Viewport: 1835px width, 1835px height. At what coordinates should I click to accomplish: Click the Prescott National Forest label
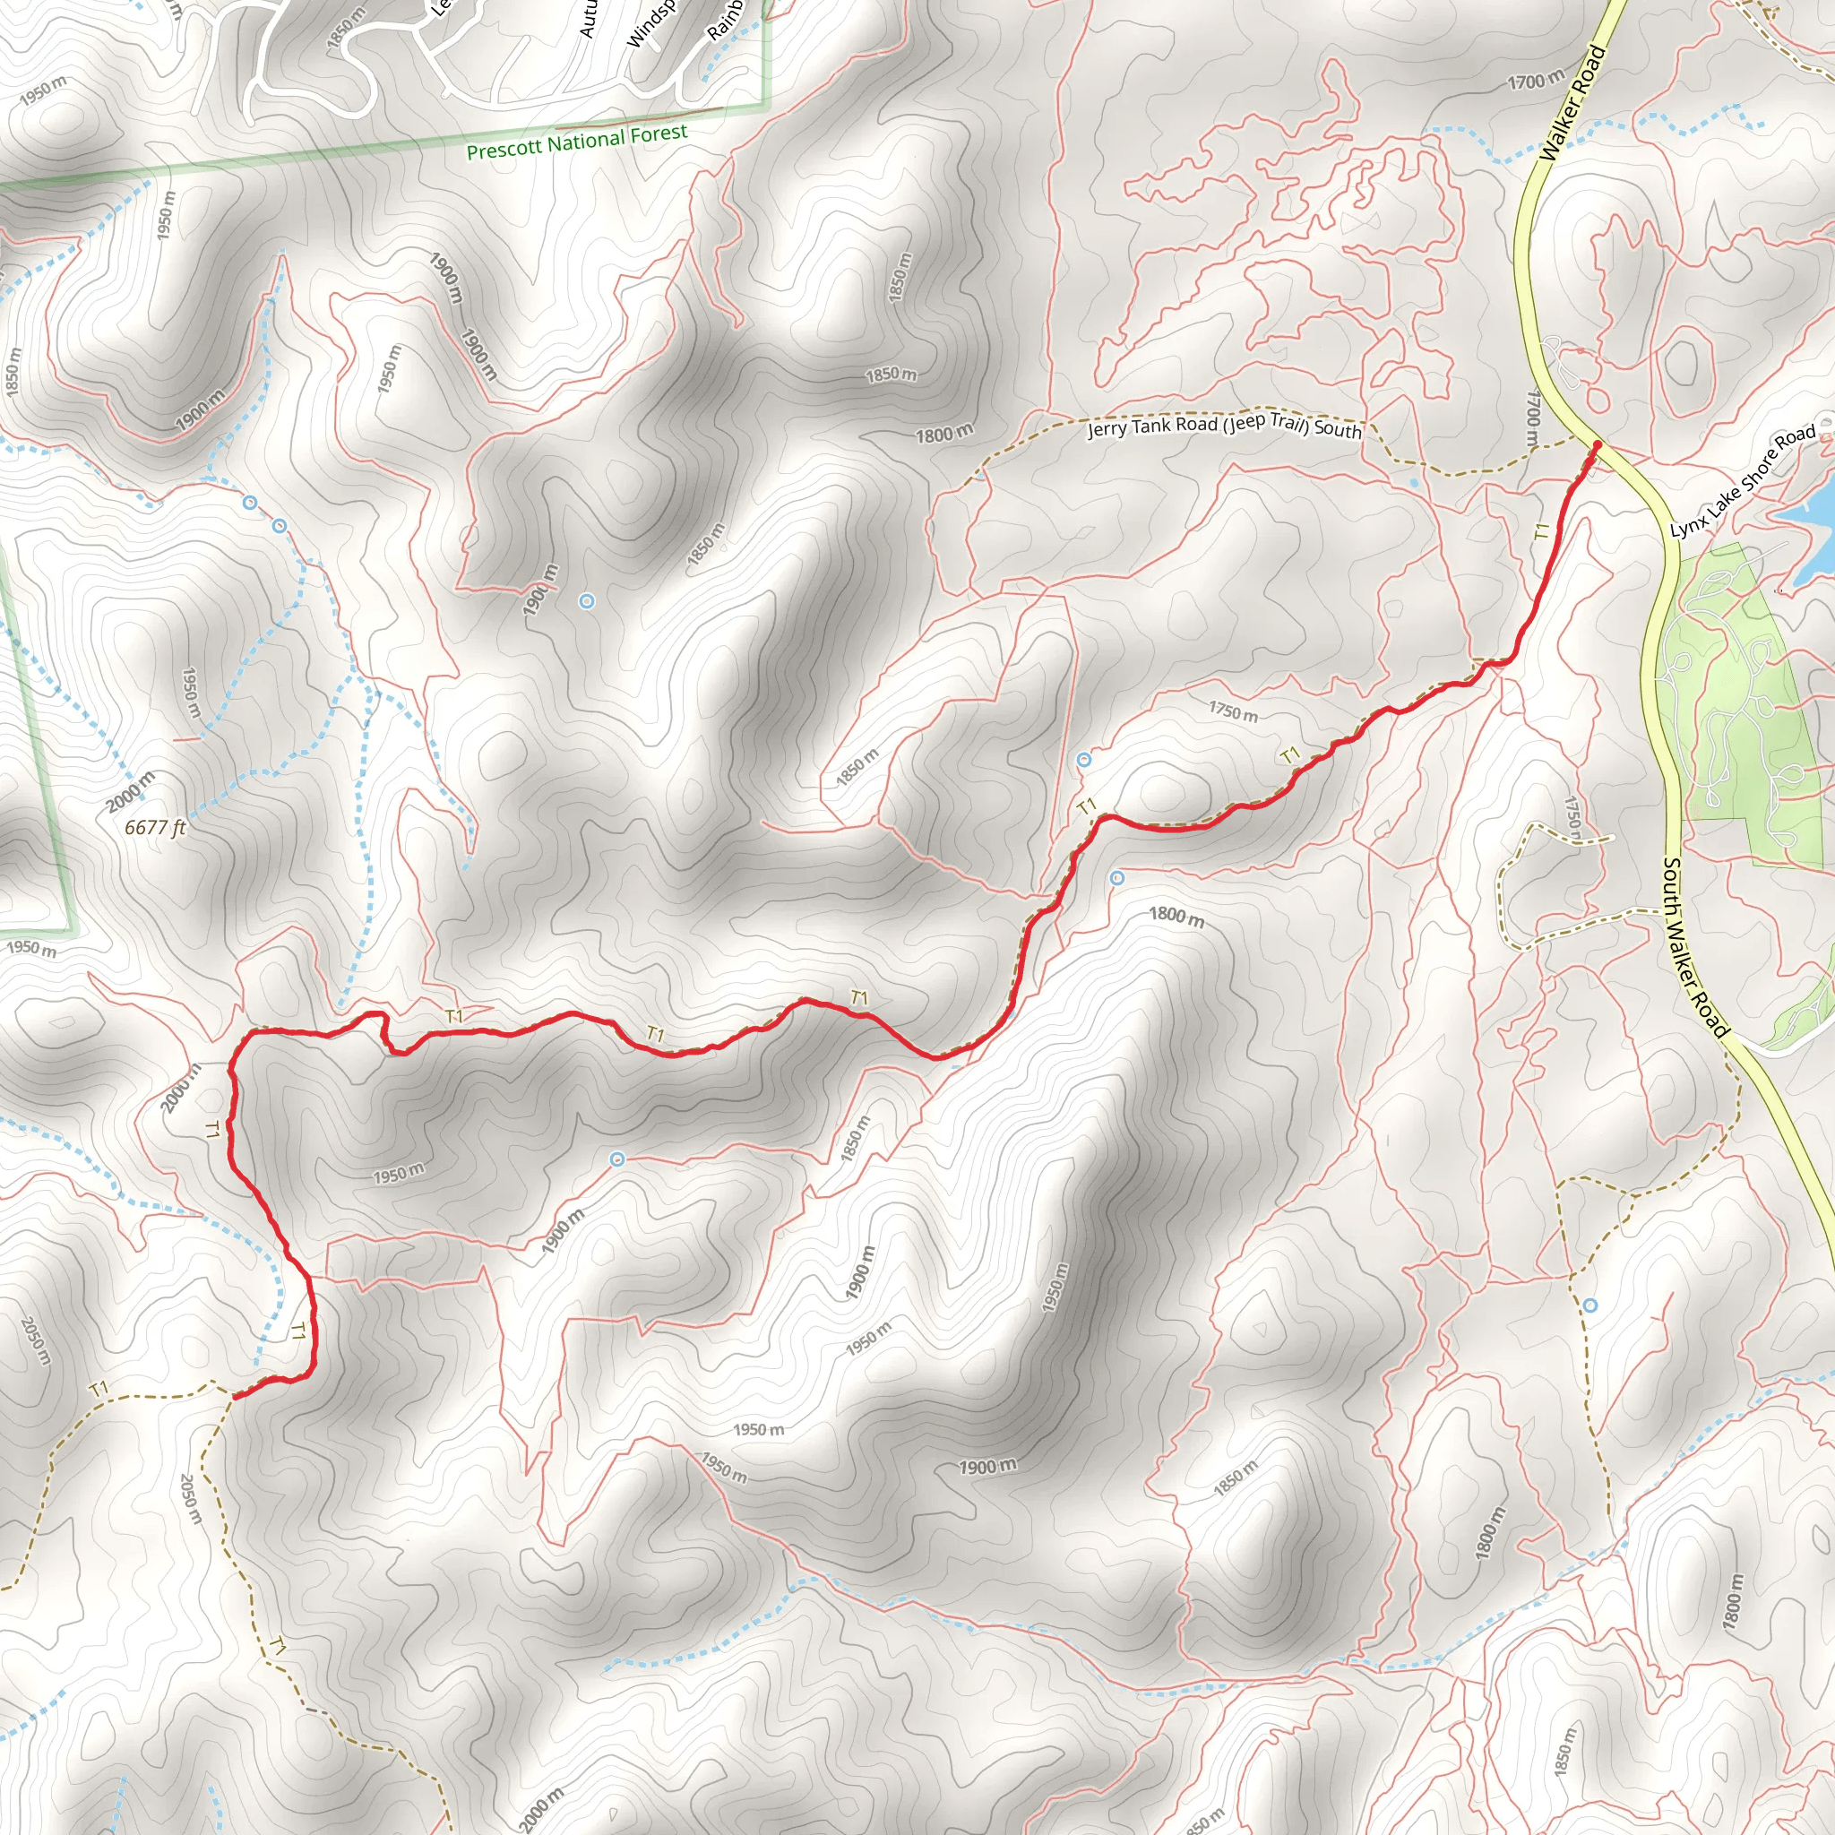tap(576, 142)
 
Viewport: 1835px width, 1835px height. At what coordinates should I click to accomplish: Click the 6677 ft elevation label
tap(155, 827)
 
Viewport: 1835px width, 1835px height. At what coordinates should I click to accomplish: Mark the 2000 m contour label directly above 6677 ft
tap(130, 791)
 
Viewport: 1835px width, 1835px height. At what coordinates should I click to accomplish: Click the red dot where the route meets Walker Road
tap(1597, 444)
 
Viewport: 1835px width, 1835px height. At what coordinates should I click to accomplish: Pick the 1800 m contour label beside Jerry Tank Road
tap(944, 434)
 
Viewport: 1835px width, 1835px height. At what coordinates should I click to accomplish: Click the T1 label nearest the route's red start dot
tap(1541, 531)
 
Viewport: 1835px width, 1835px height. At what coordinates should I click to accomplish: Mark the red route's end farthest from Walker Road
tap(234, 1395)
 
